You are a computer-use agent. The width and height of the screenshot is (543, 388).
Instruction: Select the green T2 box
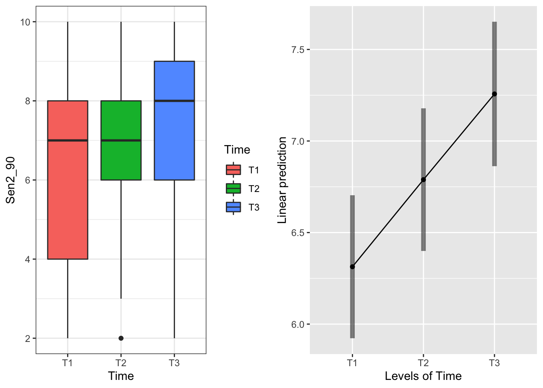point(121,162)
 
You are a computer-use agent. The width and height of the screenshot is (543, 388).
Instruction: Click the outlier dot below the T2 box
point(121,338)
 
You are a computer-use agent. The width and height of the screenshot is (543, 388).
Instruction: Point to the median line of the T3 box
point(174,101)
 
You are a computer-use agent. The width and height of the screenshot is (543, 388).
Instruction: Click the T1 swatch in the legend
point(234,170)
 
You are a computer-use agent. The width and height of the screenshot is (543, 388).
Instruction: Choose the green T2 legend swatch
point(234,188)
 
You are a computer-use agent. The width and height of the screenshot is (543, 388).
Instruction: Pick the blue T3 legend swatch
point(234,207)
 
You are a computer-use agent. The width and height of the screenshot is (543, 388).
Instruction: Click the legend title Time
point(237,150)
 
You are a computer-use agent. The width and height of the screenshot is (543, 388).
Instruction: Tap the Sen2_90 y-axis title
point(11,180)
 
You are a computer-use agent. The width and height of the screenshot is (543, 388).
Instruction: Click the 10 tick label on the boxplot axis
point(25,22)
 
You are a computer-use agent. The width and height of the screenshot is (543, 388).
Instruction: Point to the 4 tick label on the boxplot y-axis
point(27,259)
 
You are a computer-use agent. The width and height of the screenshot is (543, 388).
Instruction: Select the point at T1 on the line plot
point(352,267)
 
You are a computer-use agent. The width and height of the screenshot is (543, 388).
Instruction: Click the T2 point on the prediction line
point(423,179)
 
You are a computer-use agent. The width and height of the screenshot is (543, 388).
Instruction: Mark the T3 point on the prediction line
point(494,94)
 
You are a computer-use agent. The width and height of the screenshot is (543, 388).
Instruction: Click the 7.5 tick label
point(297,50)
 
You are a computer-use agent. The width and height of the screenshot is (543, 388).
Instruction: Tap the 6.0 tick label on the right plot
point(297,325)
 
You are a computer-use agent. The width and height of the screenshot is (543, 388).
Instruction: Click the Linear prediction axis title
point(282,180)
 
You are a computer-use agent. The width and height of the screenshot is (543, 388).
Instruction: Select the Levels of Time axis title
point(423,376)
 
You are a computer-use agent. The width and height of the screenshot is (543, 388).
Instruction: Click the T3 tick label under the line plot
point(494,363)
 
